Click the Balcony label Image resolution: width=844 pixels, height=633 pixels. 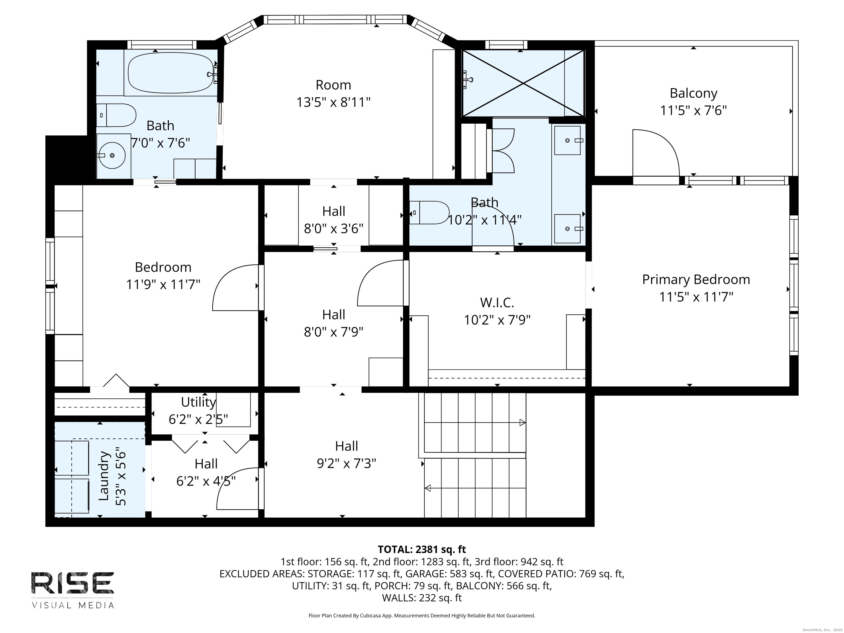tap(693, 93)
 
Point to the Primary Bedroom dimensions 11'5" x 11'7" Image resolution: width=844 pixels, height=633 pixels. tap(696, 297)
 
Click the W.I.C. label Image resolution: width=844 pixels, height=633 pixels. tap(497, 302)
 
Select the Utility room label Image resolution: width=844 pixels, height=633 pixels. tap(198, 402)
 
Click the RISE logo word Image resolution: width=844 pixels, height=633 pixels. tap(73, 583)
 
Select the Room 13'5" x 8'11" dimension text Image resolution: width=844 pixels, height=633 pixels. tap(334, 102)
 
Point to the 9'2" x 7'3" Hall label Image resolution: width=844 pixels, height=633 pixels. tap(346, 463)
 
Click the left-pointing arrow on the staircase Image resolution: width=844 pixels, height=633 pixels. tap(428, 488)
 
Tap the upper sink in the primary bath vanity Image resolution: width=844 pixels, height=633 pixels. tap(567, 140)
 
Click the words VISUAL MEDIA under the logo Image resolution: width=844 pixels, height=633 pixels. tap(73, 605)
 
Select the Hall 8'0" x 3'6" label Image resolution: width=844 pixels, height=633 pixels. tap(334, 220)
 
